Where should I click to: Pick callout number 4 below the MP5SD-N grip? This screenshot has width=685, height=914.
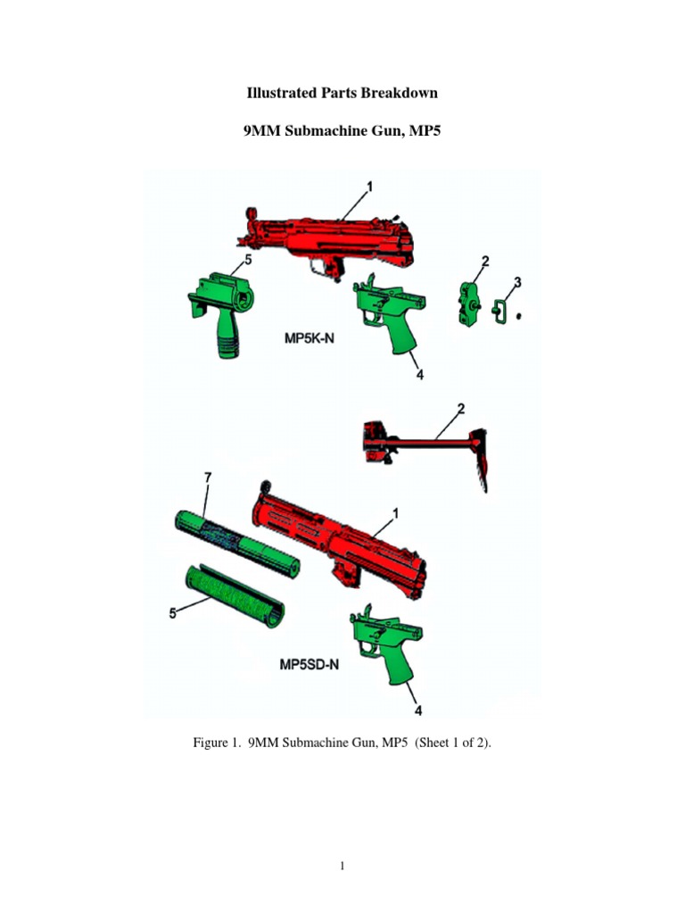click(x=418, y=710)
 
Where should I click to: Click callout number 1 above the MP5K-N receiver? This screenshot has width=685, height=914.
click(x=369, y=187)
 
